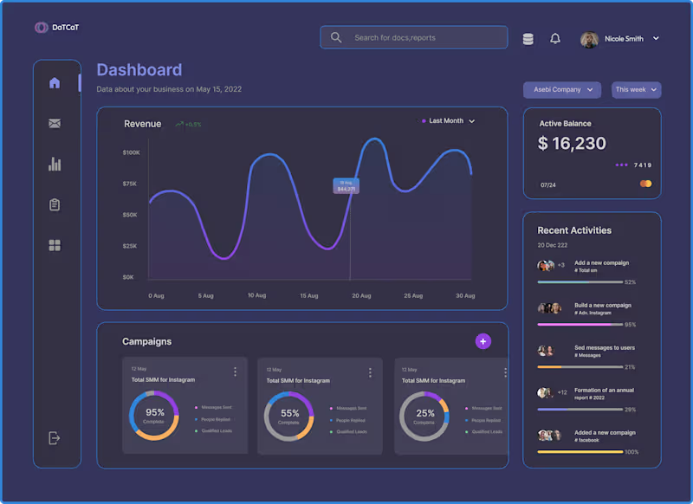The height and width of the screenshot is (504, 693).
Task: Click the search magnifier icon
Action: tap(336, 37)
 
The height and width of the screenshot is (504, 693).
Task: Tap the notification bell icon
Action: tap(555, 39)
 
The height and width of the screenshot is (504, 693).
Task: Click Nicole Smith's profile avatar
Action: tap(589, 39)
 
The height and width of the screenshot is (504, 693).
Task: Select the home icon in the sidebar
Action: tap(55, 83)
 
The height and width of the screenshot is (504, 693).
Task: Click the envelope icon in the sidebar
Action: tap(55, 124)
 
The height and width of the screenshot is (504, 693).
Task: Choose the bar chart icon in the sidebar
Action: tap(55, 164)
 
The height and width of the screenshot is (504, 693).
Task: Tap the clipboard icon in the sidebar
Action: tap(55, 205)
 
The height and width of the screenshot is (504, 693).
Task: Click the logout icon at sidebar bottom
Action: tap(54, 438)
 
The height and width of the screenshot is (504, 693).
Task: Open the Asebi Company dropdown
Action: tap(561, 90)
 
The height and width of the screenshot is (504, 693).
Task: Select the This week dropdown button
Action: tap(636, 90)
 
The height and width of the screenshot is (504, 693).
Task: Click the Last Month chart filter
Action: tap(448, 121)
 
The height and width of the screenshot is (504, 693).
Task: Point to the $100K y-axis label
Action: tap(131, 152)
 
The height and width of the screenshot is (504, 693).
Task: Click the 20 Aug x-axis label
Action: tap(361, 296)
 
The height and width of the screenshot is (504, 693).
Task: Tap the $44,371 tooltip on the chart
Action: tap(346, 186)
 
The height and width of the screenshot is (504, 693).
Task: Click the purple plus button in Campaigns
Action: tap(483, 341)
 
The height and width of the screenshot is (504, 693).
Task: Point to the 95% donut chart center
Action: tap(155, 416)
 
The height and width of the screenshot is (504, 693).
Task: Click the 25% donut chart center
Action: tap(424, 416)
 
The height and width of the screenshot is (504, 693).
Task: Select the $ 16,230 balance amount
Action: tap(572, 144)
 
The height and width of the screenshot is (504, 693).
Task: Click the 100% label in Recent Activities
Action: tap(631, 452)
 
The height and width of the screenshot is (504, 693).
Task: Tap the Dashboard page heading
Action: tap(139, 70)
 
